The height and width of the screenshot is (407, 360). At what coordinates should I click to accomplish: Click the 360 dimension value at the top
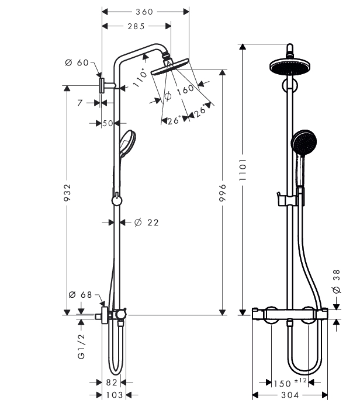(144, 12)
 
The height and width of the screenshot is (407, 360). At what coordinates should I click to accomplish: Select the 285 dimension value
(136, 26)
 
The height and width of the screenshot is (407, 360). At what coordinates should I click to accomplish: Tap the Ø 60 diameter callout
(77, 62)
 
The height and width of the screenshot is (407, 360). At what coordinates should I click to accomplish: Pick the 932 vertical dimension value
(67, 192)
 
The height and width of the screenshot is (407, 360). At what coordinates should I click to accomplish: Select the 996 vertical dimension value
(223, 193)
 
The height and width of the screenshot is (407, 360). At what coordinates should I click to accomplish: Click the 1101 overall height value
(243, 170)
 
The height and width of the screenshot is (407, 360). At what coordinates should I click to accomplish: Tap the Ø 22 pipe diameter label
(147, 222)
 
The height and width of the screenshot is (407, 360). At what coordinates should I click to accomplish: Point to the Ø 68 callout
(81, 295)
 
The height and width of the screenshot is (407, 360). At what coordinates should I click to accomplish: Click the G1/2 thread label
(81, 346)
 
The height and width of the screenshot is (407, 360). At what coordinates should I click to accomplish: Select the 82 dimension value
(112, 382)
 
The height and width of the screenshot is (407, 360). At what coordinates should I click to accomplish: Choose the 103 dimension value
(115, 395)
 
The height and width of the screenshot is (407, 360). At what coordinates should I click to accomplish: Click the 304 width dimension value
(290, 395)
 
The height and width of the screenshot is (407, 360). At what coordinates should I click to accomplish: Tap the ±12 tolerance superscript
(301, 381)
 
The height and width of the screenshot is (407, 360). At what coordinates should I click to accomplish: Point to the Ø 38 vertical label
(337, 281)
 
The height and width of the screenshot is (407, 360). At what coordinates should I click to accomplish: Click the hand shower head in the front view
(304, 142)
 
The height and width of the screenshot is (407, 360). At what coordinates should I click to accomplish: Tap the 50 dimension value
(108, 123)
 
